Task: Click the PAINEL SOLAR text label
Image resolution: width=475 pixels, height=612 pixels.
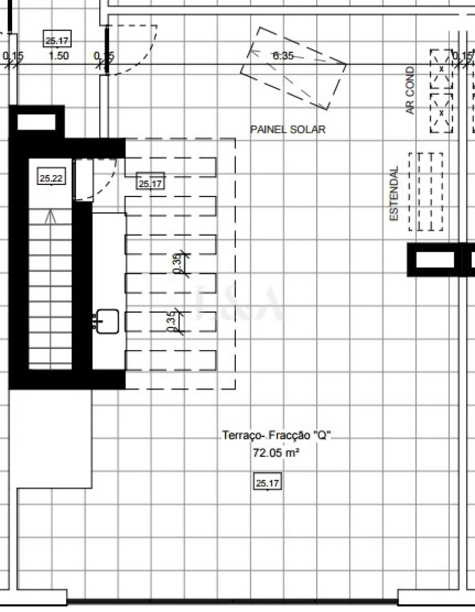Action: coord(288,129)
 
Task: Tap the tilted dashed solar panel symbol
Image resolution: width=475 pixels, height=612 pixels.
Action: coord(293,69)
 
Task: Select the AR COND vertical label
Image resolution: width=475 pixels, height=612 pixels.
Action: coord(411,91)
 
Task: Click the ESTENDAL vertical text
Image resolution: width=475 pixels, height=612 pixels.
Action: coord(394,193)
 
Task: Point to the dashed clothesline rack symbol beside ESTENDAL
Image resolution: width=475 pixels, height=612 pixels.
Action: coord(426,191)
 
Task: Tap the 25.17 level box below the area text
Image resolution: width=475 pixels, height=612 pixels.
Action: coord(268,482)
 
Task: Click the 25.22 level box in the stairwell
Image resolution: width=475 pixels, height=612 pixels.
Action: coord(51,178)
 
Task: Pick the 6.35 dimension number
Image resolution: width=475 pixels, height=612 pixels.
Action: coord(283,56)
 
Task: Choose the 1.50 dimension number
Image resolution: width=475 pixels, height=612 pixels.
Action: coord(58,56)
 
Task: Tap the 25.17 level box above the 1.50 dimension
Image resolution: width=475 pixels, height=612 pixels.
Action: coord(58,40)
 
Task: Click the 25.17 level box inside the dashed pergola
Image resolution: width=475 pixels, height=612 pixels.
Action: coord(150,183)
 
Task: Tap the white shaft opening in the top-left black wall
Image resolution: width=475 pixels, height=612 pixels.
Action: coord(36,122)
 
